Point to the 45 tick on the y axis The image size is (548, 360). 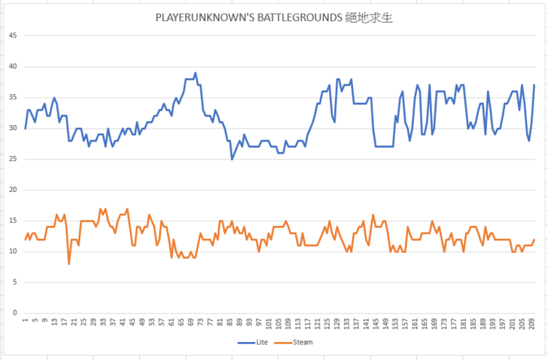tap(12, 35)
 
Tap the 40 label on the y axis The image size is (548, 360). tap(12, 66)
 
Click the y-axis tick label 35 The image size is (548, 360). tap(12, 97)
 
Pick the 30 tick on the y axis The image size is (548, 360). tap(12, 128)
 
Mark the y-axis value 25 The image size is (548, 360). tap(12, 159)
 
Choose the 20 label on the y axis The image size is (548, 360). tap(12, 190)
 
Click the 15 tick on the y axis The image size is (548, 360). tap(12, 220)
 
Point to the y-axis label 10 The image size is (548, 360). tap(12, 251)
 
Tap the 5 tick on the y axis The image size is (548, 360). tap(14, 282)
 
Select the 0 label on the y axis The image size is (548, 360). tap(14, 313)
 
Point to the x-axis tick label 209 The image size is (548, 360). tap(531, 324)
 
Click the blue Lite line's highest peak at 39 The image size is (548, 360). tap(195, 73)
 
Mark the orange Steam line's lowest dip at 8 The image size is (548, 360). tap(69, 264)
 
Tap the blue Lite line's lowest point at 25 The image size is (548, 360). tap(232, 159)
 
